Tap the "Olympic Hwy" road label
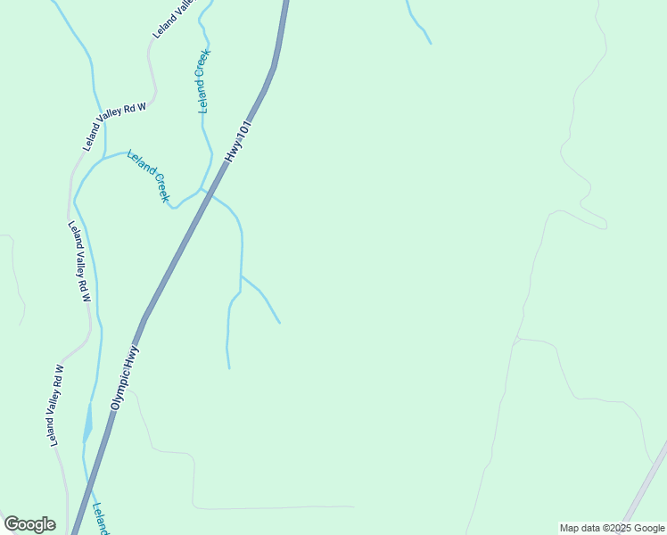(126, 377)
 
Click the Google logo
(29, 524)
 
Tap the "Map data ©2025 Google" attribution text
(613, 528)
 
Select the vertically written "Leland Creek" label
(204, 80)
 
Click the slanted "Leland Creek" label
(148, 175)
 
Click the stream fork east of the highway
(241, 276)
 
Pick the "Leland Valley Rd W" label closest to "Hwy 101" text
(116, 124)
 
